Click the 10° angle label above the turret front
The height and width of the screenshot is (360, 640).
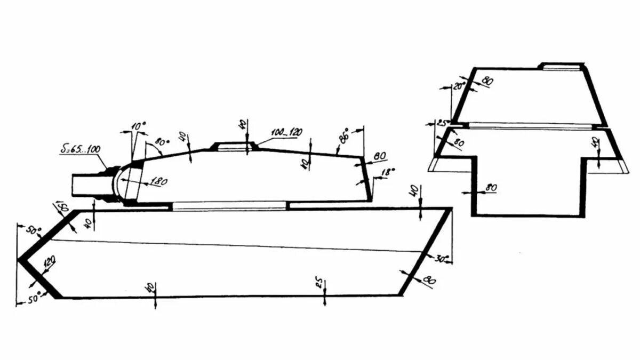[138, 126]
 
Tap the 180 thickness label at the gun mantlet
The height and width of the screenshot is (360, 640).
[159, 182]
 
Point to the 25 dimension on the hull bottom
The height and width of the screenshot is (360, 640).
[319, 283]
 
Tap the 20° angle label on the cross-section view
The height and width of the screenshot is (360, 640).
[460, 85]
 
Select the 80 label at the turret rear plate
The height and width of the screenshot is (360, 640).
[380, 156]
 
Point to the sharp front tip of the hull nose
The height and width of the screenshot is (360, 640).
[19, 259]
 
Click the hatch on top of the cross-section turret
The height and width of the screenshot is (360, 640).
[559, 66]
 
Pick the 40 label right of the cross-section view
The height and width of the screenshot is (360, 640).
[596, 143]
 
